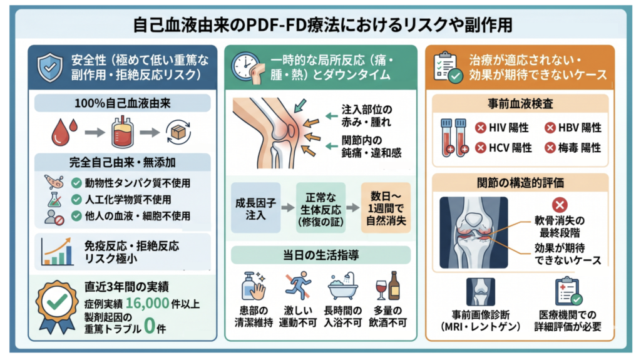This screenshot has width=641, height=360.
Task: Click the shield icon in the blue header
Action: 50,68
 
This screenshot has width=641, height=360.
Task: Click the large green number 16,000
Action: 147,303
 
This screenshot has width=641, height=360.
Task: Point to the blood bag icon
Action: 123,131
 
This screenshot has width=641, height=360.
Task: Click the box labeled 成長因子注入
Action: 255,208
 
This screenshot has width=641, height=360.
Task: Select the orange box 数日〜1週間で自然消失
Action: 386,208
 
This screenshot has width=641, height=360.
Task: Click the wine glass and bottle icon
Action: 387,285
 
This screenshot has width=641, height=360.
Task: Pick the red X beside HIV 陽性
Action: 480,128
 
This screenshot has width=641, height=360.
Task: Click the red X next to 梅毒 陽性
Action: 550,147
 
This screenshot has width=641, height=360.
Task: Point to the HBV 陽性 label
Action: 580,128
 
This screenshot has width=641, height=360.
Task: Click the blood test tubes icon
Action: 454,138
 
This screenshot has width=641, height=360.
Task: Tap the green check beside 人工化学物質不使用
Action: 76,199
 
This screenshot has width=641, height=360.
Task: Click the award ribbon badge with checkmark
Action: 57,305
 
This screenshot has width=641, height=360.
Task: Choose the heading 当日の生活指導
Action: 321,255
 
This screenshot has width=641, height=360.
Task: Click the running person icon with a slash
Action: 298,285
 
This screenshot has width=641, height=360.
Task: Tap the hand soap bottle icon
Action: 254,285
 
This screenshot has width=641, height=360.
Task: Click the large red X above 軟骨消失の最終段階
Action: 559,205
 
